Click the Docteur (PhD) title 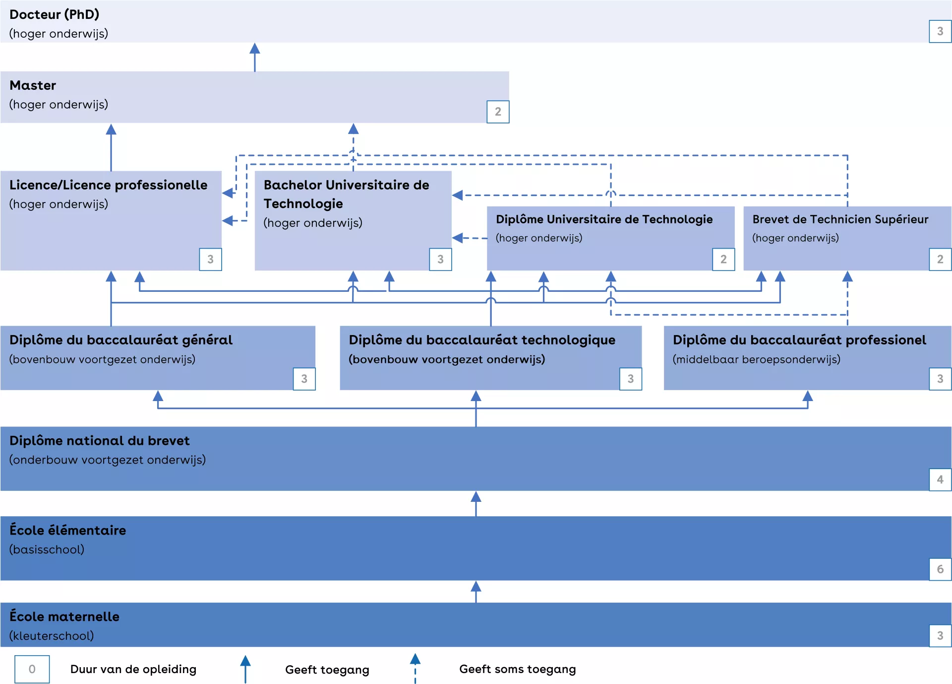pos(55,14)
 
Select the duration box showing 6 pos(940,569)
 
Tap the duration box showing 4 pos(940,479)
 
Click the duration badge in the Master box pos(498,112)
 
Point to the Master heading pos(33,85)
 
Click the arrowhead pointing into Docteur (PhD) pos(255,49)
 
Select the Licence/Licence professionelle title pos(108,185)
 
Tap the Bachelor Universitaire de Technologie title pos(346,194)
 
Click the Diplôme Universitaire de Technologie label pos(604,219)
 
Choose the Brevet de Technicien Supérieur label pos(840,219)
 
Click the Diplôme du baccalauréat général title pos(120,340)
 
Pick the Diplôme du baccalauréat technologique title pos(481,340)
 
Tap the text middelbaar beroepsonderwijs pos(756,359)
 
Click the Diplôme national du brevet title pos(99,441)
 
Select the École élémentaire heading pos(67,530)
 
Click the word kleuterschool pos(52,636)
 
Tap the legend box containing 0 pos(32,669)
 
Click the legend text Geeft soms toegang pos(517,669)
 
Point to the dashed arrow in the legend pos(415,668)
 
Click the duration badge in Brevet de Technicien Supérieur pos(940,259)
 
